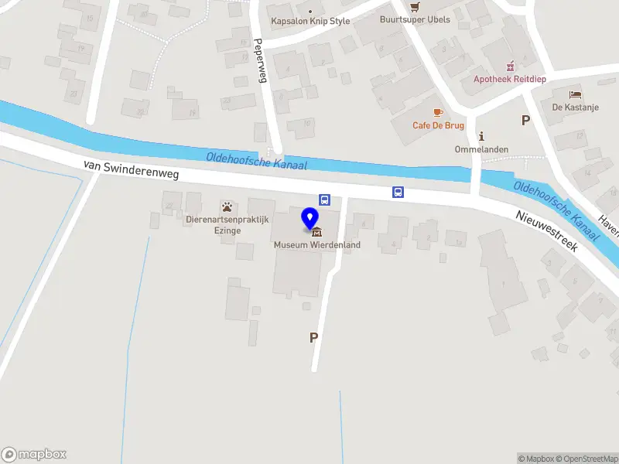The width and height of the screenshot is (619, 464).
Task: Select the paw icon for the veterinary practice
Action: (x=227, y=206)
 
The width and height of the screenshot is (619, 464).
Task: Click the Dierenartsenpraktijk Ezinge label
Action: (x=227, y=225)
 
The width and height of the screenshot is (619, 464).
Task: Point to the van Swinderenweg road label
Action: (x=132, y=169)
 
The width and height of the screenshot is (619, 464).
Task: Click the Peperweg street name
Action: (x=260, y=61)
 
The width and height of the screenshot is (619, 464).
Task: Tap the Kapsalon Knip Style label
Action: (x=309, y=22)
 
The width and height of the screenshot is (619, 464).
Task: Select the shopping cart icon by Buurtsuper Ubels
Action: (x=415, y=6)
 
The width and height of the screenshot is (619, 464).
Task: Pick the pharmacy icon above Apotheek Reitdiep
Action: (x=509, y=67)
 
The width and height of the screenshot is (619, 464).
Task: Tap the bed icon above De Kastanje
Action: (x=575, y=94)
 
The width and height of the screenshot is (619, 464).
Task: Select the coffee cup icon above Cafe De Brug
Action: (x=438, y=113)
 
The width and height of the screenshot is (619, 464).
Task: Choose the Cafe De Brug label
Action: (x=438, y=125)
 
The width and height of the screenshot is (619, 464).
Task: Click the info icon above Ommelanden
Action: (x=480, y=136)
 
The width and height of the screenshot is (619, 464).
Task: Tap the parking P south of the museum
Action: (x=313, y=337)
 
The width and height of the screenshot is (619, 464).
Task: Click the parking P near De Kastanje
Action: (x=526, y=120)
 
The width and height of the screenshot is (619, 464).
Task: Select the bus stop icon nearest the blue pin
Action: (x=325, y=200)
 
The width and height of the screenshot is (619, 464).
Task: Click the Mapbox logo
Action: (x=34, y=455)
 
